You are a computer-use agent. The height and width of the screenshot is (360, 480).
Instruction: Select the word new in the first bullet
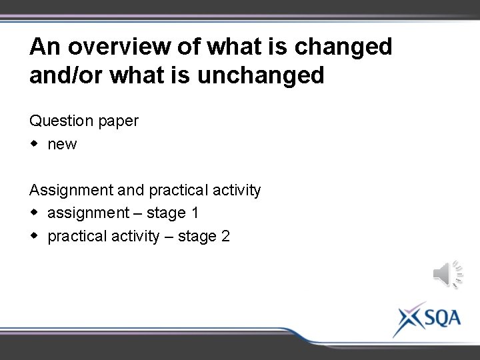tap(62, 144)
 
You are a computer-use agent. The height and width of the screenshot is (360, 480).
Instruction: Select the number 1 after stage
tap(195, 213)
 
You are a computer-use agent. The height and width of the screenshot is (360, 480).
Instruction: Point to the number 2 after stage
tap(225, 236)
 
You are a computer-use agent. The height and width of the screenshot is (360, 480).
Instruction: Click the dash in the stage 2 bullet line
tap(169, 236)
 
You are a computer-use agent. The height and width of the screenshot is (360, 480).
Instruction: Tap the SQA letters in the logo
tap(441, 317)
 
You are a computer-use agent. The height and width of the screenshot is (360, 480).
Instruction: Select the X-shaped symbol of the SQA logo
tap(407, 319)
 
